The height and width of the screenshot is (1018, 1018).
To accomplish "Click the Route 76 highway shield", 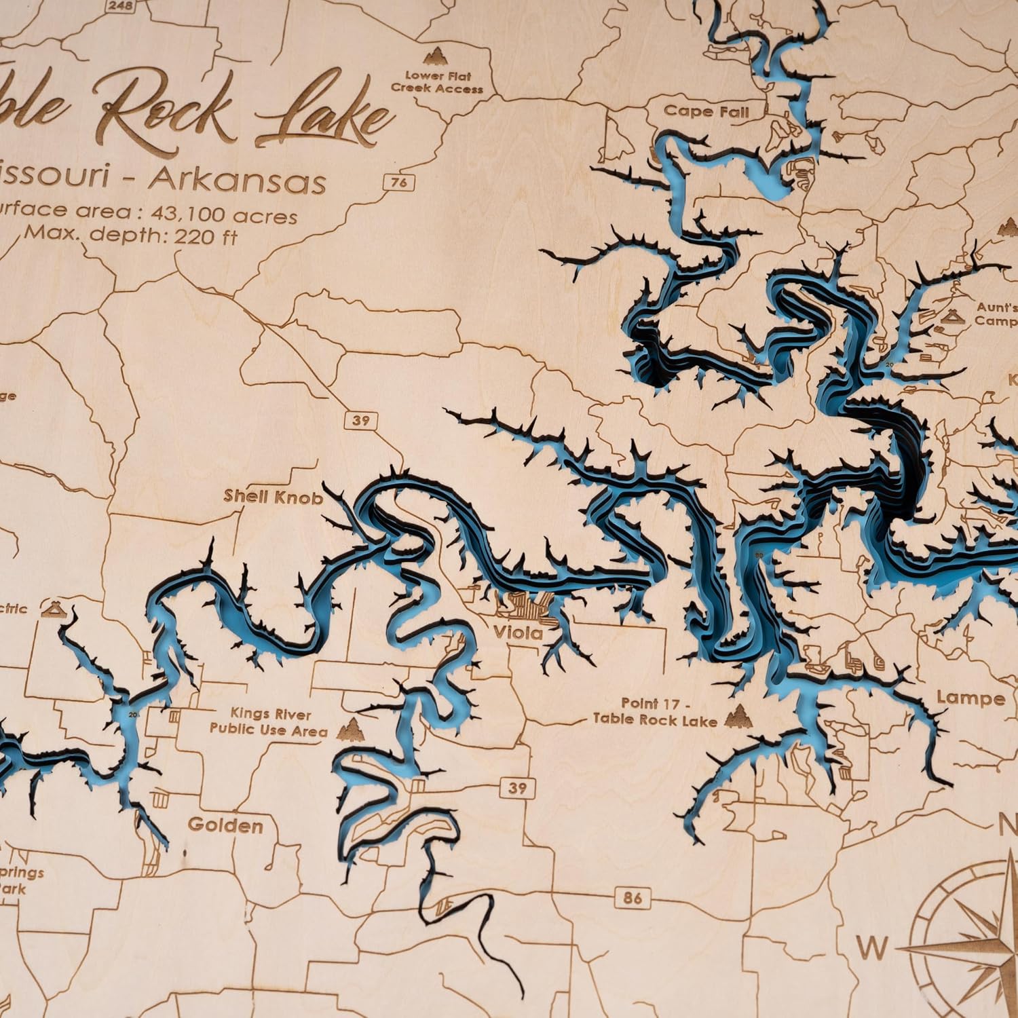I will tap(400, 182).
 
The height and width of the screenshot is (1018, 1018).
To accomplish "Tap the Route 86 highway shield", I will tap(631, 897).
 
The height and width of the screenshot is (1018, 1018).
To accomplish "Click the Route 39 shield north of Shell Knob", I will tap(361, 420).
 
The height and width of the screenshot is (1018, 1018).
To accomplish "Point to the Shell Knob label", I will tap(274, 497).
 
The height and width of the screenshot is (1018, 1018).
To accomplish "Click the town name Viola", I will tap(517, 633).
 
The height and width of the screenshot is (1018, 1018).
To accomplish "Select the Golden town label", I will tap(225, 825).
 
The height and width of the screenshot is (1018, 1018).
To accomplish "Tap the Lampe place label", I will tap(970, 698).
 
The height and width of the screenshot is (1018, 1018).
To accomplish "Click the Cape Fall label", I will tap(706, 111).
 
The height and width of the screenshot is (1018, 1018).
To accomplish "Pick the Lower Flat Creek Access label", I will tap(438, 82).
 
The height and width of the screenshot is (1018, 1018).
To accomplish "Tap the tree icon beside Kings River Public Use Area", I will tap(352, 727).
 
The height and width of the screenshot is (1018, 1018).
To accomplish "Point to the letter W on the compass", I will tap(871, 947).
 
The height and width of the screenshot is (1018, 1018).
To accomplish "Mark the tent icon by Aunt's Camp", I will tap(954, 316).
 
